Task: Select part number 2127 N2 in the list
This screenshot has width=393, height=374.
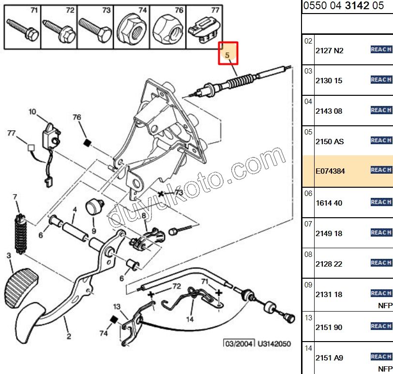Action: [329, 50]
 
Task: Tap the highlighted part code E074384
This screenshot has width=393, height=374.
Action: [330, 171]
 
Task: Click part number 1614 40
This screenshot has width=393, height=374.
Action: [329, 203]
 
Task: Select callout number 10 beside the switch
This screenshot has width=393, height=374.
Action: [32, 112]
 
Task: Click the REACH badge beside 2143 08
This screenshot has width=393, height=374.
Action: [381, 110]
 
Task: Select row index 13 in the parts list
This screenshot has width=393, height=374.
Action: [308, 318]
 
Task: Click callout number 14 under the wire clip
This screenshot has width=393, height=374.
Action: [190, 319]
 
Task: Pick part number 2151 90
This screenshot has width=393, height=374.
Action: [329, 328]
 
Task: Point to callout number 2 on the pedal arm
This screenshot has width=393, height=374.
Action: [69, 337]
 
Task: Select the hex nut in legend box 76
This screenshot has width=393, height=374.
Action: [167, 30]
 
